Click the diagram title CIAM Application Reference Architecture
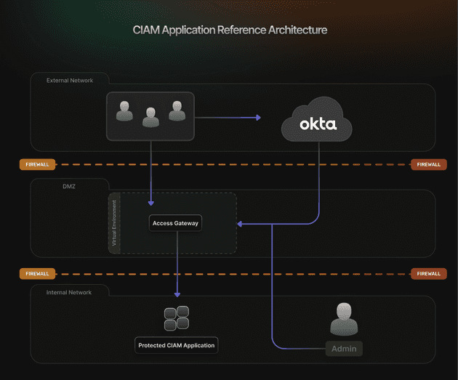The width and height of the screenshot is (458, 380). click(x=230, y=31)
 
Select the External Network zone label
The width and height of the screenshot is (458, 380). click(x=70, y=80)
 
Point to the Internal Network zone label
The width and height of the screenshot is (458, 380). click(x=69, y=292)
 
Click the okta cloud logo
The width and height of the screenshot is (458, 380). click(x=318, y=124)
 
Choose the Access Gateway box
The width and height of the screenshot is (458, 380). click(x=175, y=223)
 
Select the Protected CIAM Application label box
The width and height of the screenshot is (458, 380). click(x=177, y=345)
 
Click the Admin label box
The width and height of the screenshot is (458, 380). click(x=344, y=349)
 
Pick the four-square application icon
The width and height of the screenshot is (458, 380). click(x=177, y=318)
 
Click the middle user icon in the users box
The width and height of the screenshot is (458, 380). click(x=150, y=116)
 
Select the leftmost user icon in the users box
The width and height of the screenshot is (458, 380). click(x=124, y=110)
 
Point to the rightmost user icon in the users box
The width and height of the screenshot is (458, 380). click(x=177, y=110)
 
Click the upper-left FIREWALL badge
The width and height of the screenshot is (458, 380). click(x=37, y=164)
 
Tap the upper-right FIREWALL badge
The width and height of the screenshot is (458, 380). click(x=428, y=164)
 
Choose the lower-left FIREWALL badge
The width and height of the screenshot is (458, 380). click(x=37, y=274)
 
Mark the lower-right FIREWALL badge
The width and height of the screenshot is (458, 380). click(x=428, y=274)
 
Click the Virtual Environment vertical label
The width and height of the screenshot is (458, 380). click(x=114, y=223)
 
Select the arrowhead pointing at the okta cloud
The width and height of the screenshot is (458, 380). click(x=257, y=116)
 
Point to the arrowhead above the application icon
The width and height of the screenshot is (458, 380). click(x=177, y=294)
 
